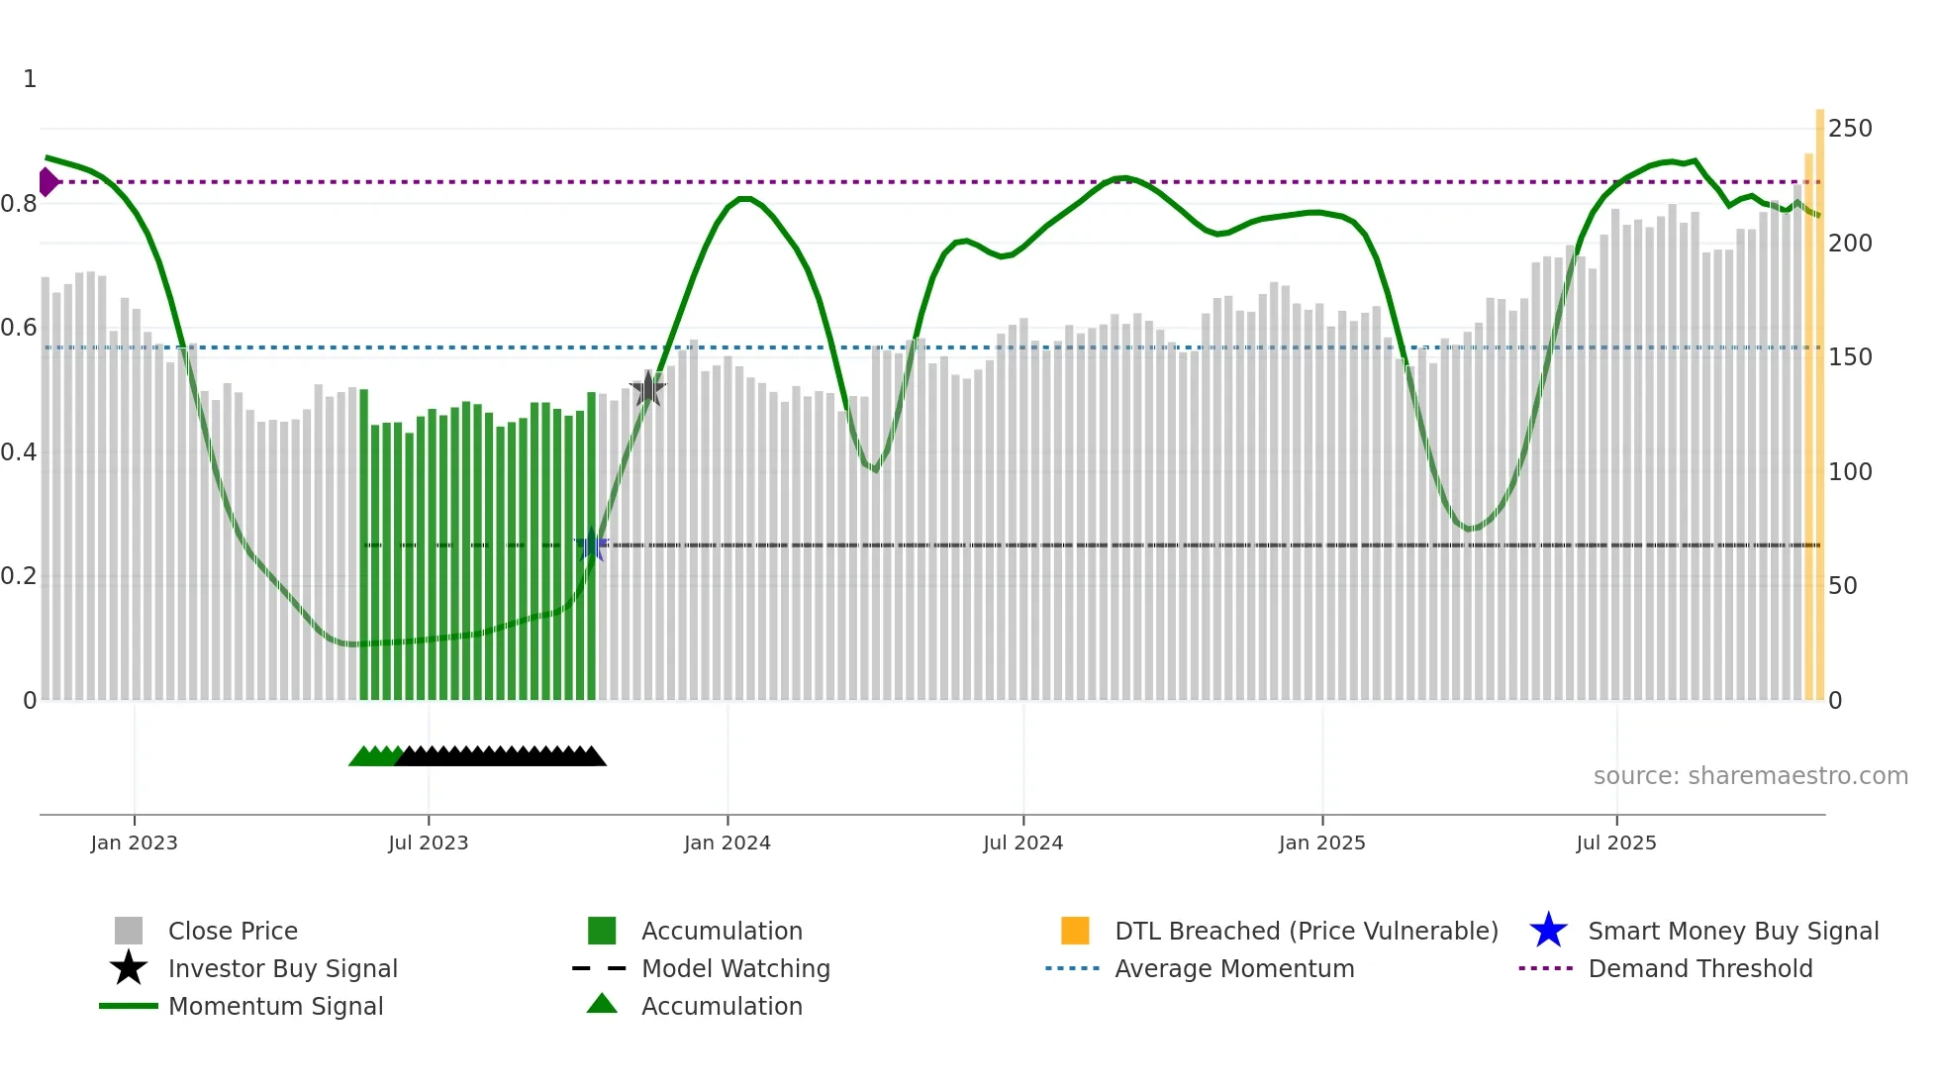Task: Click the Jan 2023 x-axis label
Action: (134, 843)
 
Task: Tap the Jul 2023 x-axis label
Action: (428, 843)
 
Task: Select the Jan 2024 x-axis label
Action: (727, 843)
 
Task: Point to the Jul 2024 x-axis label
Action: (1022, 843)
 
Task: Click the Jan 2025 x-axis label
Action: (1321, 843)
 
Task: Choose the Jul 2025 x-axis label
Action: (1615, 843)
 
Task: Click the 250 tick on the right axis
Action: (1850, 129)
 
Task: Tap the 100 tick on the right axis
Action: (1850, 472)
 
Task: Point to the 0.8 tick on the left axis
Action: (20, 204)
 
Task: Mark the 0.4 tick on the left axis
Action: (20, 452)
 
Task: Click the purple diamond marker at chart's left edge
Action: (48, 182)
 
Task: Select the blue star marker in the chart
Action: (592, 545)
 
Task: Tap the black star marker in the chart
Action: (647, 389)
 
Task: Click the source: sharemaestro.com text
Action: (1750, 776)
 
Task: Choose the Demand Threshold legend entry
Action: (1699, 969)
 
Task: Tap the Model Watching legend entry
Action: (734, 969)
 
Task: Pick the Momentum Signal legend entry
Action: (275, 1007)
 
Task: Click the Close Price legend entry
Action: (233, 932)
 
